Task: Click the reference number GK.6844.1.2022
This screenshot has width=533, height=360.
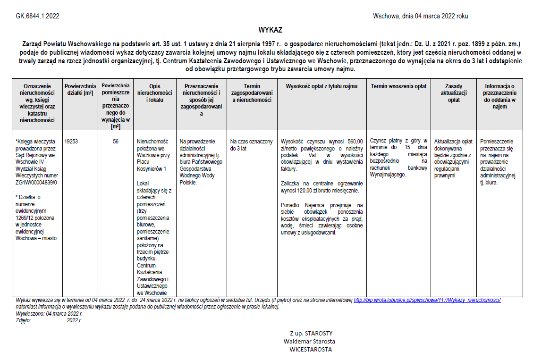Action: click(37, 16)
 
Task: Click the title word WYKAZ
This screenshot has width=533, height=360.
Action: click(270, 30)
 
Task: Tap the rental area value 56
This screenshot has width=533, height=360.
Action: click(116, 141)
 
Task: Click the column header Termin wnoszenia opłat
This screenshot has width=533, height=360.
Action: click(398, 86)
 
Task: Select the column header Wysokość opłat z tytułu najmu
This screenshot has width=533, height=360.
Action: click(321, 86)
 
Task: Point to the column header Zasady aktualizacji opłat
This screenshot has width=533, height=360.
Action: click(453, 93)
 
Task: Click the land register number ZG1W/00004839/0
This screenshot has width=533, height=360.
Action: click(36, 182)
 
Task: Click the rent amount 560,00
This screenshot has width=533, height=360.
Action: click(355, 141)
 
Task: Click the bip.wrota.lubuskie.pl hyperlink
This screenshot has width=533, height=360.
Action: click(427, 300)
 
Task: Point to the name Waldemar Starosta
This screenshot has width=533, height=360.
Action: click(309, 341)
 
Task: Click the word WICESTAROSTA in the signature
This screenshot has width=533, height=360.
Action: click(311, 350)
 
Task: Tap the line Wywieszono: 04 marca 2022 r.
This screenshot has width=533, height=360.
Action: click(49, 313)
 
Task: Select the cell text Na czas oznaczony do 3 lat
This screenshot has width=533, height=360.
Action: click(251, 144)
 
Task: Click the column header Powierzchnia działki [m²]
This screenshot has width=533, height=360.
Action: click(80, 90)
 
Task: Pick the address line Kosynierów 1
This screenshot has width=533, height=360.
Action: click(151, 168)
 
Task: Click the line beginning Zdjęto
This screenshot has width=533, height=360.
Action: click(49, 320)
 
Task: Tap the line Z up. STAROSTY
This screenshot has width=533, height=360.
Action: click(312, 333)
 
